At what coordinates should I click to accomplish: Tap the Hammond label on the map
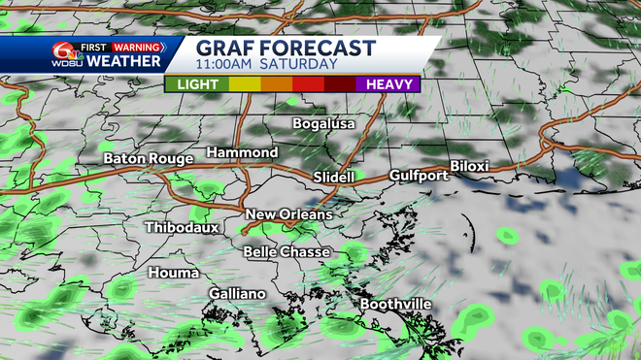[x=242, y=152]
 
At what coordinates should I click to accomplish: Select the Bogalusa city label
[x=324, y=123]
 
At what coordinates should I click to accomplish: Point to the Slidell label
[x=336, y=177]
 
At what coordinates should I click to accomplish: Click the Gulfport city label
[x=418, y=176]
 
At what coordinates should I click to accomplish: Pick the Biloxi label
[x=469, y=166]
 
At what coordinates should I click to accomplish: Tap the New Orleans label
[x=288, y=214]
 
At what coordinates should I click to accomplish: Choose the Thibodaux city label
[x=183, y=227]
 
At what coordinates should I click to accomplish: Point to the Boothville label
[x=395, y=304]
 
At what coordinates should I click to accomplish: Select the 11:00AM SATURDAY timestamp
[x=266, y=65]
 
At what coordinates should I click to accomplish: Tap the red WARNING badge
[x=136, y=45]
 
